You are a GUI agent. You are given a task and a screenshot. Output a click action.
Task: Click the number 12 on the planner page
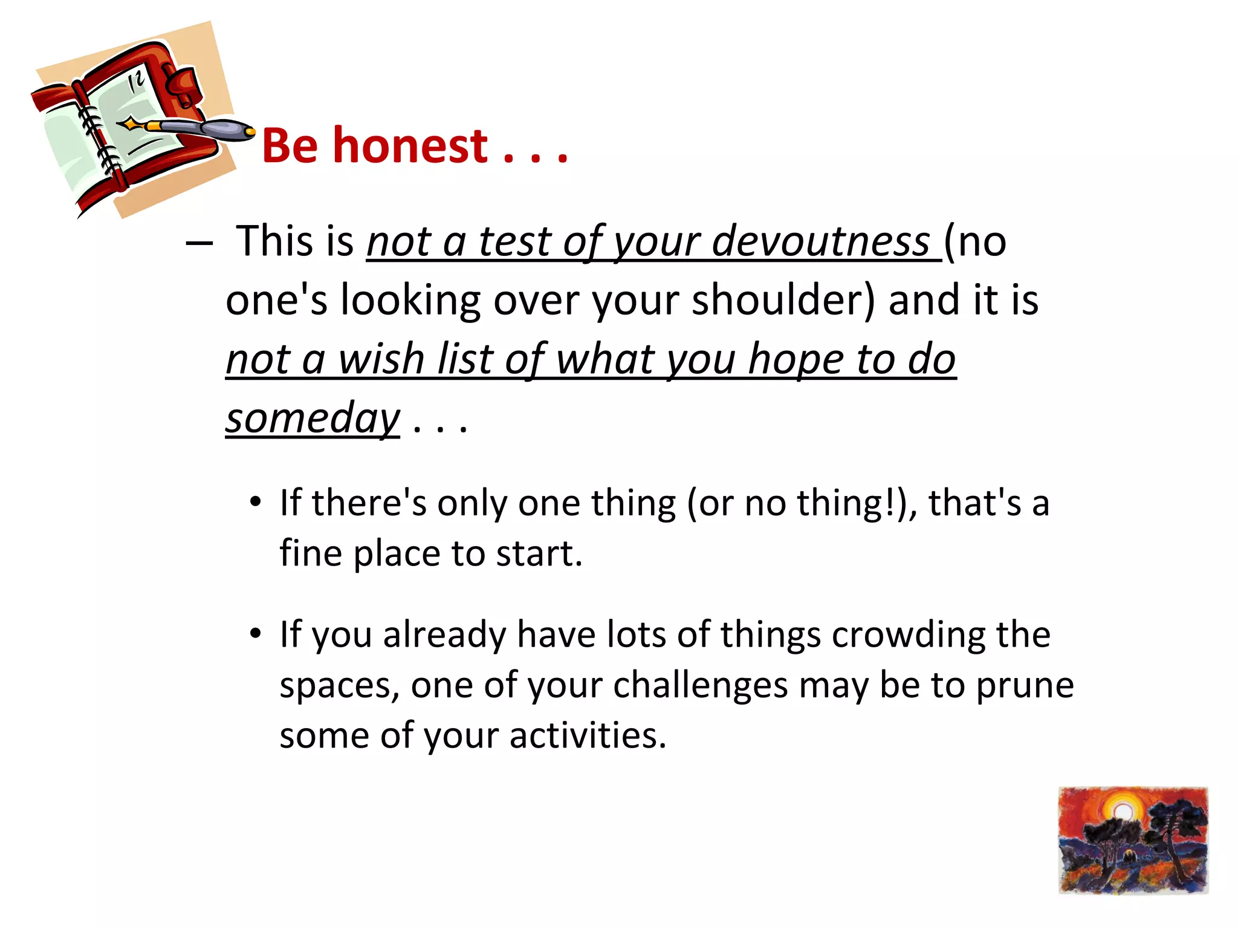[x=137, y=81]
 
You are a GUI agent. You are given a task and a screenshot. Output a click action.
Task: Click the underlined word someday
[x=313, y=419]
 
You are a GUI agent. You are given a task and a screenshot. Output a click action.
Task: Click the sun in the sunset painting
[x=1122, y=812]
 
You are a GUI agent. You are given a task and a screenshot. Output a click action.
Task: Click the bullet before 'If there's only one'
[x=256, y=502]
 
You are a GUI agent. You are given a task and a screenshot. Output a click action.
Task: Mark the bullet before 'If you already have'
[x=256, y=634]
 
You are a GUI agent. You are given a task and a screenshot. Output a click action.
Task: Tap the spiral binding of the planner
[x=97, y=133]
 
